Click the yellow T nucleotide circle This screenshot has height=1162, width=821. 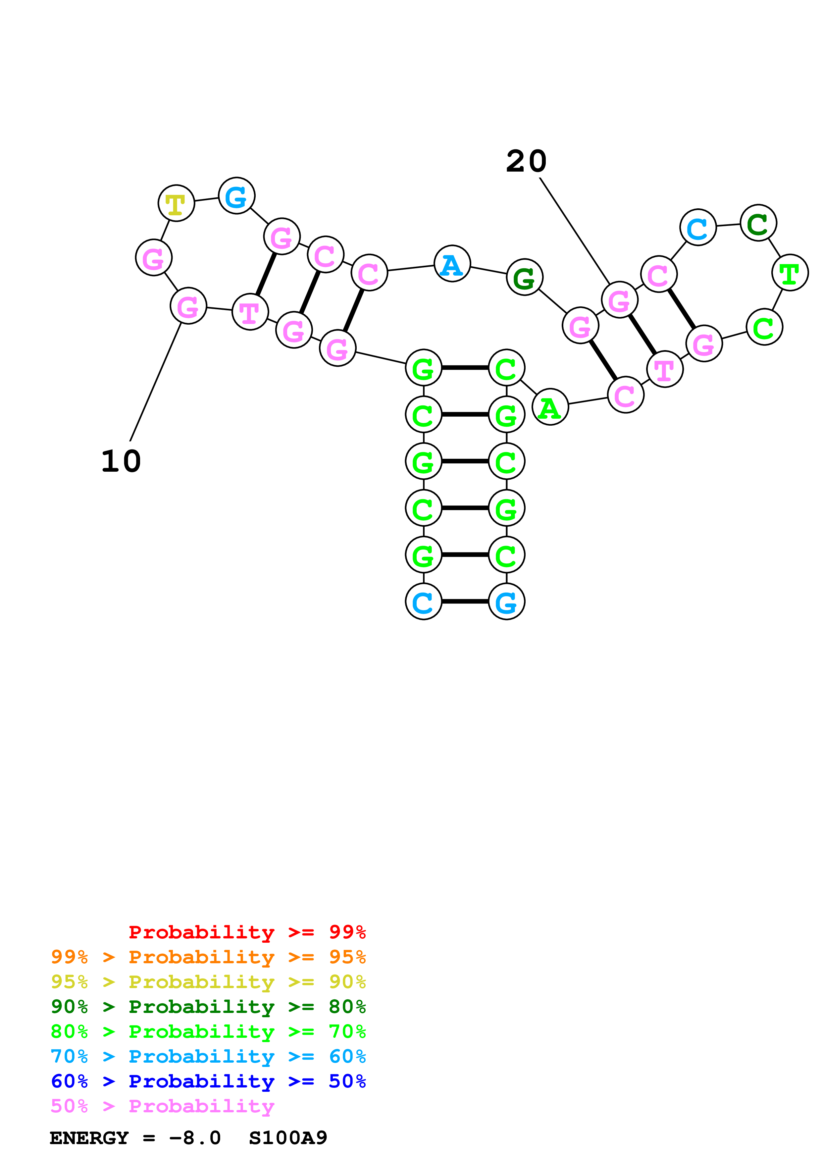176,203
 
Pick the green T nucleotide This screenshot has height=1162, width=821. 790,273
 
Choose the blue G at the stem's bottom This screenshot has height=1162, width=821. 506,602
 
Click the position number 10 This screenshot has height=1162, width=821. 121,461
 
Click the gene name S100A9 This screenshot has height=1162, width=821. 288,1138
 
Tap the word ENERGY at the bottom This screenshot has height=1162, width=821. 89,1138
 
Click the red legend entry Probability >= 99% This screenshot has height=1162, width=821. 247,932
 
